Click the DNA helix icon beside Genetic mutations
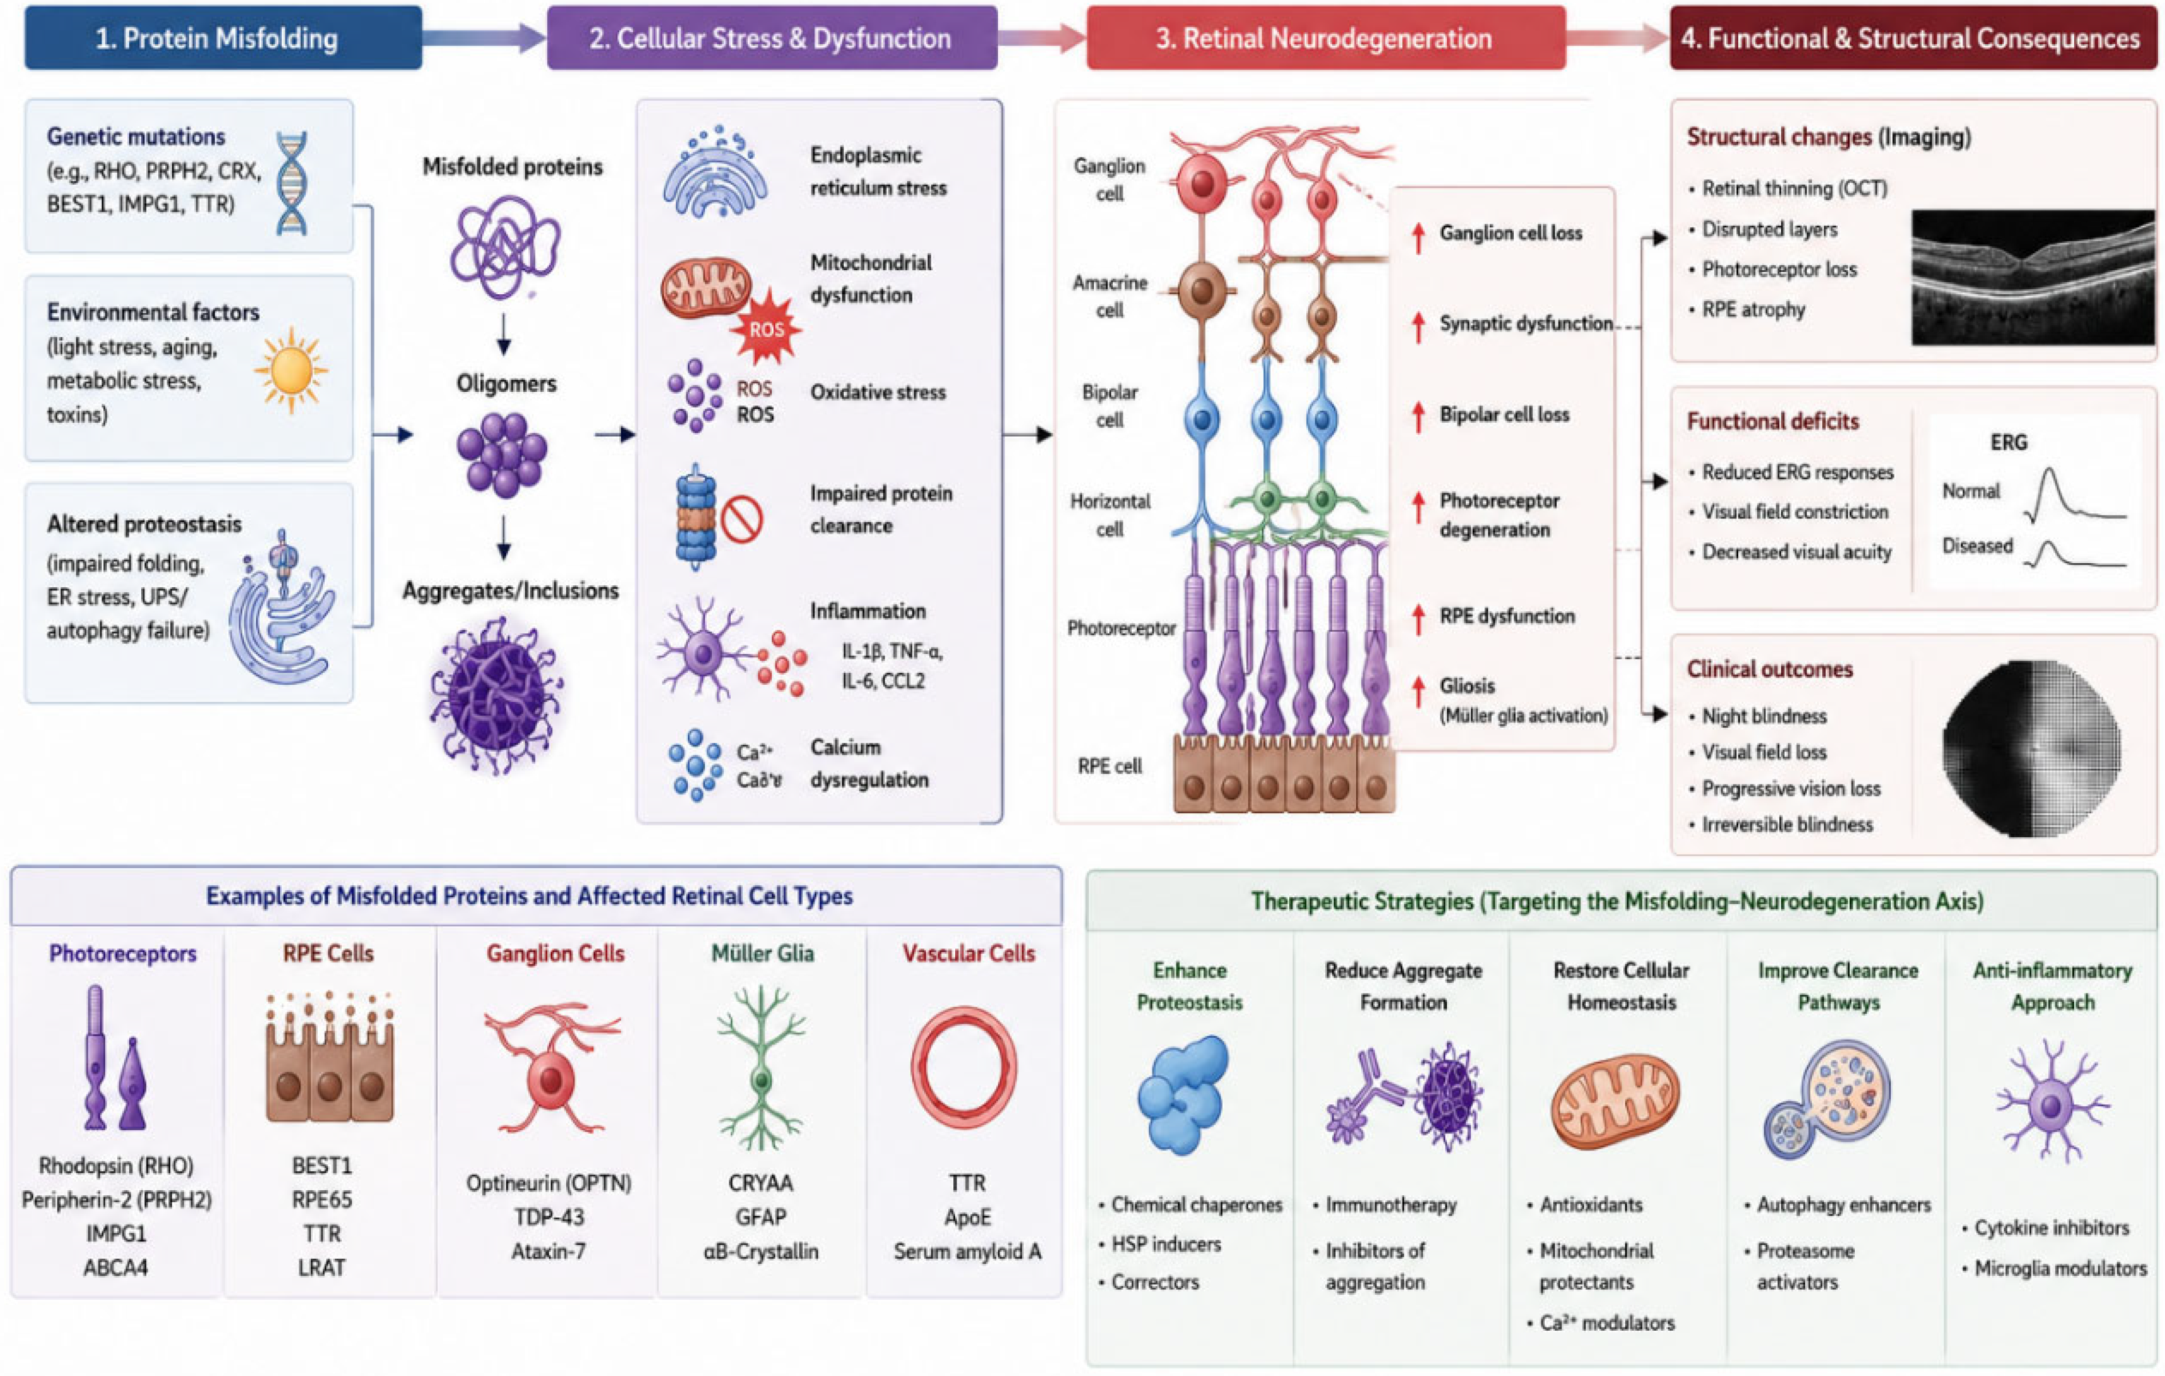pos(291,183)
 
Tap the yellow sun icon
pos(291,370)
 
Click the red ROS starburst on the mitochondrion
pos(767,329)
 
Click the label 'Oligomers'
pos(506,384)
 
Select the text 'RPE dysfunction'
pos(1507,616)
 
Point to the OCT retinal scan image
pos(2033,278)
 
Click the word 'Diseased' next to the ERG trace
pos(1977,546)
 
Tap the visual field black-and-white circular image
pos(2031,748)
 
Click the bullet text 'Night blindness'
pos(1764,716)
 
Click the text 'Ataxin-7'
pos(549,1251)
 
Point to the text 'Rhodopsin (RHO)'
pos(116,1166)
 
